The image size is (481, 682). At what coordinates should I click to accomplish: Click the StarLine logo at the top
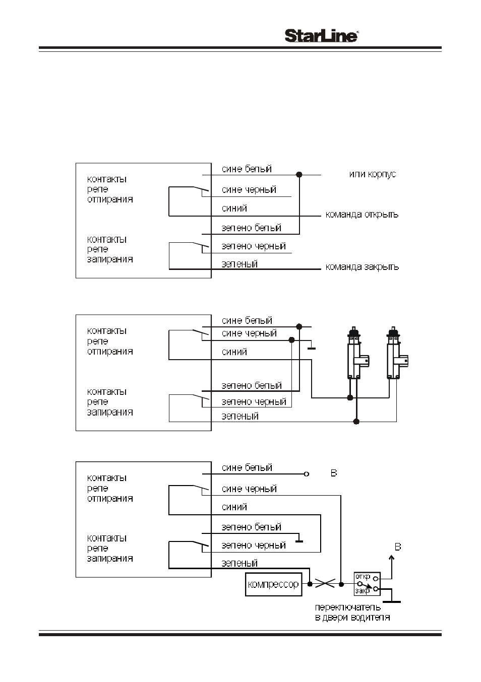(322, 36)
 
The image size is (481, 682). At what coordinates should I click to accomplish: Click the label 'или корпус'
(373, 174)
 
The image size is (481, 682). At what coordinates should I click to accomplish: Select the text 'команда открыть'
(362, 215)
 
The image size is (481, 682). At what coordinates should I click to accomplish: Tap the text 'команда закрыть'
(362, 267)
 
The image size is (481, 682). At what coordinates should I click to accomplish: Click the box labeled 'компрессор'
(273, 584)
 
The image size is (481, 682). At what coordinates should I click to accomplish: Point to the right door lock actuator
(395, 353)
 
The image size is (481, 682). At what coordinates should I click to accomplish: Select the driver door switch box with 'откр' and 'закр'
(367, 584)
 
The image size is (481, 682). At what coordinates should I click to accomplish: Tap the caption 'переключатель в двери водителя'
(352, 612)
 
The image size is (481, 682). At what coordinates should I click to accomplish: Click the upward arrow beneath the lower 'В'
(392, 567)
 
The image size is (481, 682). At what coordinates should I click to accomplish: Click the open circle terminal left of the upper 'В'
(307, 474)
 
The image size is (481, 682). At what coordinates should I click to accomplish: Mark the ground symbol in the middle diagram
(311, 346)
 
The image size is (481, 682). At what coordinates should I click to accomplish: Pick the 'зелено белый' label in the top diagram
(251, 228)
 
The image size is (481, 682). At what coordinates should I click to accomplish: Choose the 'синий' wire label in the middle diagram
(234, 352)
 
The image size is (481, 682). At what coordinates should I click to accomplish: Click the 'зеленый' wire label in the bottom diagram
(239, 563)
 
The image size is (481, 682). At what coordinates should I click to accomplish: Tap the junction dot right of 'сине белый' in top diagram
(299, 174)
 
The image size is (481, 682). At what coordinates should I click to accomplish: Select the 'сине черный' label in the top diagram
(249, 189)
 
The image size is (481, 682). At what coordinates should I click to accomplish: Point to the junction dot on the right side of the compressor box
(310, 584)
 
